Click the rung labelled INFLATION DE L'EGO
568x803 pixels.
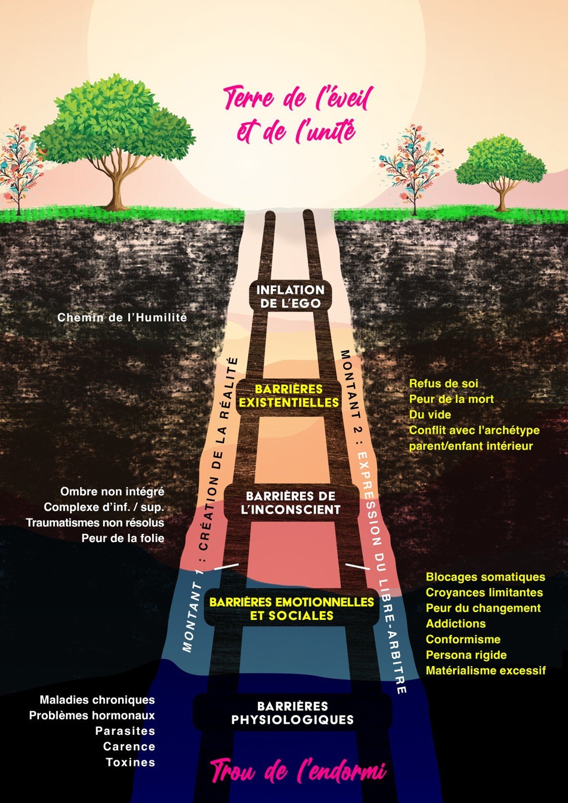pos(290,296)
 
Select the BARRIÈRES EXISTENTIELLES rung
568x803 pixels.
pos(289,395)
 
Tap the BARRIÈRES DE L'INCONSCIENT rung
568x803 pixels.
pos(290,503)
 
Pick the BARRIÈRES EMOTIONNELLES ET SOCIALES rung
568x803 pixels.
pos(291,609)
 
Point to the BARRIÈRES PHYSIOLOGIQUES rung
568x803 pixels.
pos(292,713)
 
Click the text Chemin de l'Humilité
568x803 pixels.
pos(122,318)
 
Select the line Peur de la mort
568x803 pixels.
pos(451,399)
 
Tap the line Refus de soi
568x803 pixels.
pos(443,383)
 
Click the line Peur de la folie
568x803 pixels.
pos(122,538)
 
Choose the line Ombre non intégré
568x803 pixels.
pos(112,492)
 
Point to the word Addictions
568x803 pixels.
pos(455,624)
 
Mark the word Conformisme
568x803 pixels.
pos(463,639)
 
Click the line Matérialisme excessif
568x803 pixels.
pos(485,670)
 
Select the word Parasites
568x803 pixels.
pos(125,731)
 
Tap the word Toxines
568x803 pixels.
pos(130,762)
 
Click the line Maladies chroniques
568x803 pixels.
pos(97,700)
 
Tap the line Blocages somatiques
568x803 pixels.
pos(485,577)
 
